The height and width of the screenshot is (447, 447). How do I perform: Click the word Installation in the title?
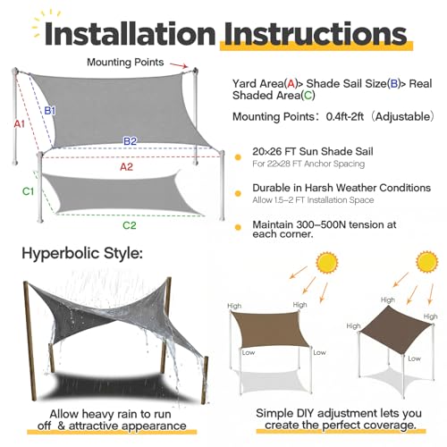point(131,34)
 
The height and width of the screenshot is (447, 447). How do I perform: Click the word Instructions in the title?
point(316,34)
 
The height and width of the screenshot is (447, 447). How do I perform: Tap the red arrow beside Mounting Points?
point(179,65)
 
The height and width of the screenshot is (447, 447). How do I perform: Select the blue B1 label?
point(50,111)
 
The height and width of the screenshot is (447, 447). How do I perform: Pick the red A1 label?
point(20,123)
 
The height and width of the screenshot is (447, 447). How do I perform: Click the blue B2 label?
point(130,140)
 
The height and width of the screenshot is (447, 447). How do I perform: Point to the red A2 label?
point(126,167)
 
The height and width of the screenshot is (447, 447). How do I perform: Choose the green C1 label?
point(29,191)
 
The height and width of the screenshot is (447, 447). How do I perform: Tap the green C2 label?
point(130,225)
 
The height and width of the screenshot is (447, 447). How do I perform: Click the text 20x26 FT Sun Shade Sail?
point(313,151)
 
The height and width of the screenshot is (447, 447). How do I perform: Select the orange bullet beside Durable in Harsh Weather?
point(238,194)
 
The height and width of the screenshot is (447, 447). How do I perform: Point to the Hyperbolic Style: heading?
point(82,253)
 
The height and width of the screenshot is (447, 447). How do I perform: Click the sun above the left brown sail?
point(327,263)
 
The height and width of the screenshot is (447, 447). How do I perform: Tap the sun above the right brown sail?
point(427,262)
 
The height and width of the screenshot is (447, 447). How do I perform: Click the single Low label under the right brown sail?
point(414,358)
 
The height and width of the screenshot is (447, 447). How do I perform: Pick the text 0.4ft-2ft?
point(344,116)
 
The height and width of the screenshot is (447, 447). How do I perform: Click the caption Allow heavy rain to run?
point(110,414)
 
